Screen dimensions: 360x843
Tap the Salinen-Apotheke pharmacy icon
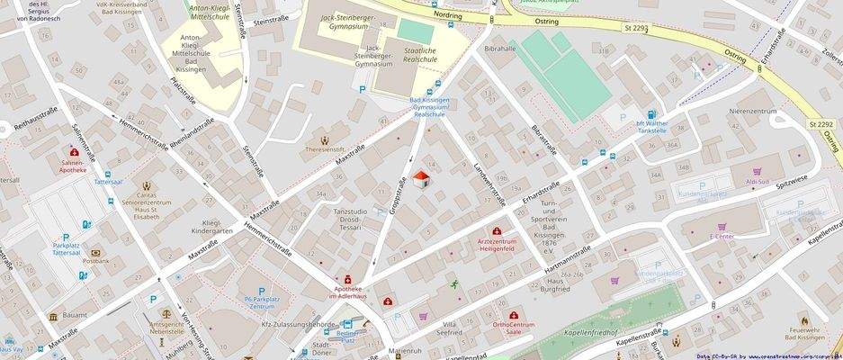73,153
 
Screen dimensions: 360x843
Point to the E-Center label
722,236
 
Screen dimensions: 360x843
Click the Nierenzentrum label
752,111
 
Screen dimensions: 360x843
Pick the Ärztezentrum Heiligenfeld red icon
496,232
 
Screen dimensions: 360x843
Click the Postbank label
95,261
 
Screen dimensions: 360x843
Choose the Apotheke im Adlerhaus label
346,292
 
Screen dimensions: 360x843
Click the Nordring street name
447,15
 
